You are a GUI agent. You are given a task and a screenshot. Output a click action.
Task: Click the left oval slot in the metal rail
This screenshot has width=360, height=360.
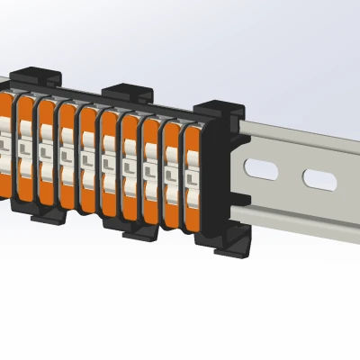pos(262,170)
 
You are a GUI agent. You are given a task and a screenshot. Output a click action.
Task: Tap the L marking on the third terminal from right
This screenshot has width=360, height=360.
pos(149,168)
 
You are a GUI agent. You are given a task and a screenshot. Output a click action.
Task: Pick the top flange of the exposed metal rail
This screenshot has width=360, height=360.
pos(297,135)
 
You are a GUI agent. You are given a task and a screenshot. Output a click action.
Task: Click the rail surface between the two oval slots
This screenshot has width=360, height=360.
pos(290,175)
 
